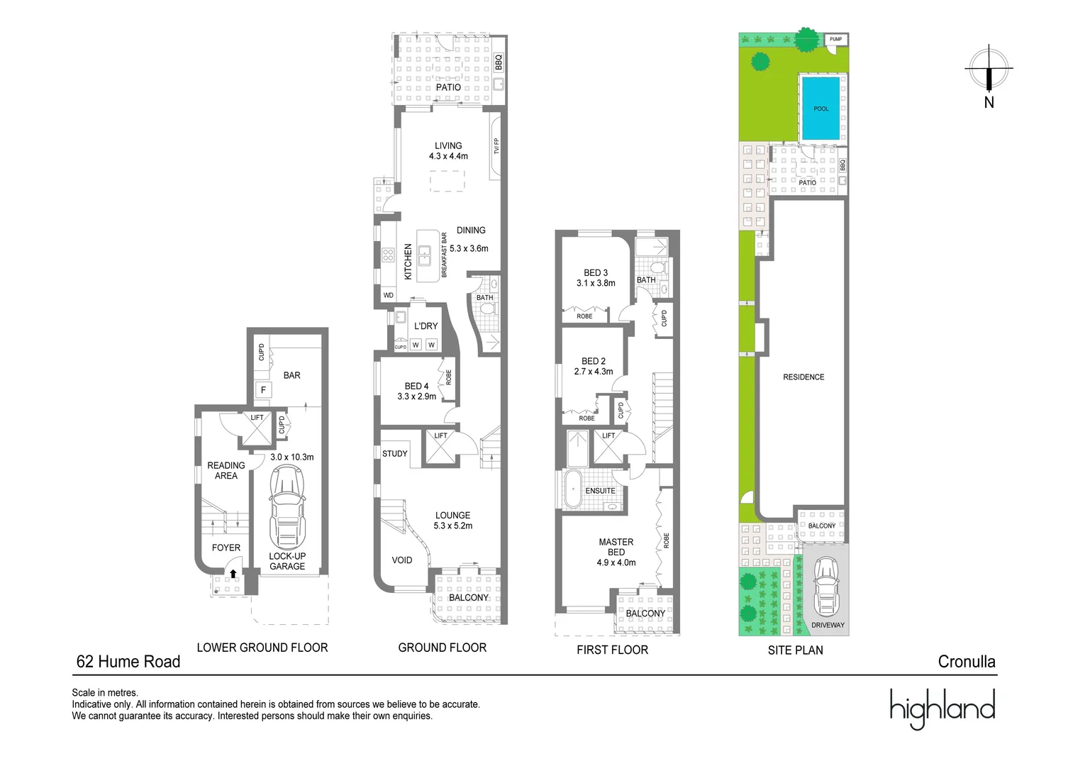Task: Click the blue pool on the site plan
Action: coord(821,109)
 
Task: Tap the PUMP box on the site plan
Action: coord(836,39)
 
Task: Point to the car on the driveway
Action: coord(826,587)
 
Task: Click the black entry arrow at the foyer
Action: coord(233,573)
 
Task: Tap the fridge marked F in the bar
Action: coord(263,389)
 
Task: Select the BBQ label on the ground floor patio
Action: coord(499,62)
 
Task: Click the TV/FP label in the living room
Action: coord(496,146)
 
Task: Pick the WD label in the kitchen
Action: coord(389,295)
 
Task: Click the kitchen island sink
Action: coord(424,255)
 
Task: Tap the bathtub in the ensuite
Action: coord(572,489)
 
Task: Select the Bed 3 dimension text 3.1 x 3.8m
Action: coord(596,283)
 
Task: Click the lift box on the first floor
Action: coord(608,446)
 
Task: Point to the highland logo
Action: coord(942,709)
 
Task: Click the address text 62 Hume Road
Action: coord(128,662)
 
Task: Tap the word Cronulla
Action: coord(967,662)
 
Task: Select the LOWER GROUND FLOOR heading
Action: coord(262,648)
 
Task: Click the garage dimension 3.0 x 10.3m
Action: coord(291,457)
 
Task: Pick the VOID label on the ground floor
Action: coord(402,560)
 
